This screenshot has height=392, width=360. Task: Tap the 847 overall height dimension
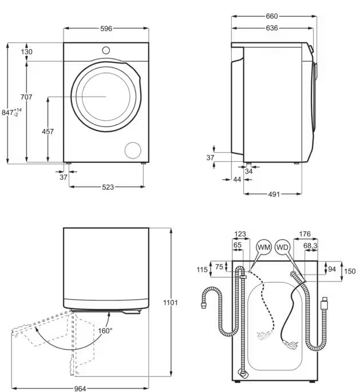coord(10,113)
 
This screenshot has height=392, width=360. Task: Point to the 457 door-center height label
coord(48,132)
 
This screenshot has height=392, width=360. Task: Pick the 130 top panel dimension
coord(26,52)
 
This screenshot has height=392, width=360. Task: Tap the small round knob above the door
coord(106,50)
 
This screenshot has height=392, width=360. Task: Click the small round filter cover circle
coord(133,150)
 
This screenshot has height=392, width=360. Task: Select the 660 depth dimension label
coord(272,17)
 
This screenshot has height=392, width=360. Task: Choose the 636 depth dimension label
coord(272,28)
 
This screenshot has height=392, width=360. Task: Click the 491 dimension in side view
coord(274,195)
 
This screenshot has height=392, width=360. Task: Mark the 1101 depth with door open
coord(170,302)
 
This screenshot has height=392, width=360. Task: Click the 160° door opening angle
coord(105,330)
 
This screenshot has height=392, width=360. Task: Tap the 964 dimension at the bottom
coord(80,389)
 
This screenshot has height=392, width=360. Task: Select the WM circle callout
coord(263,247)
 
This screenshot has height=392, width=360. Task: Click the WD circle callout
coord(283,247)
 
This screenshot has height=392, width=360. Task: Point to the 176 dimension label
coord(305,233)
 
